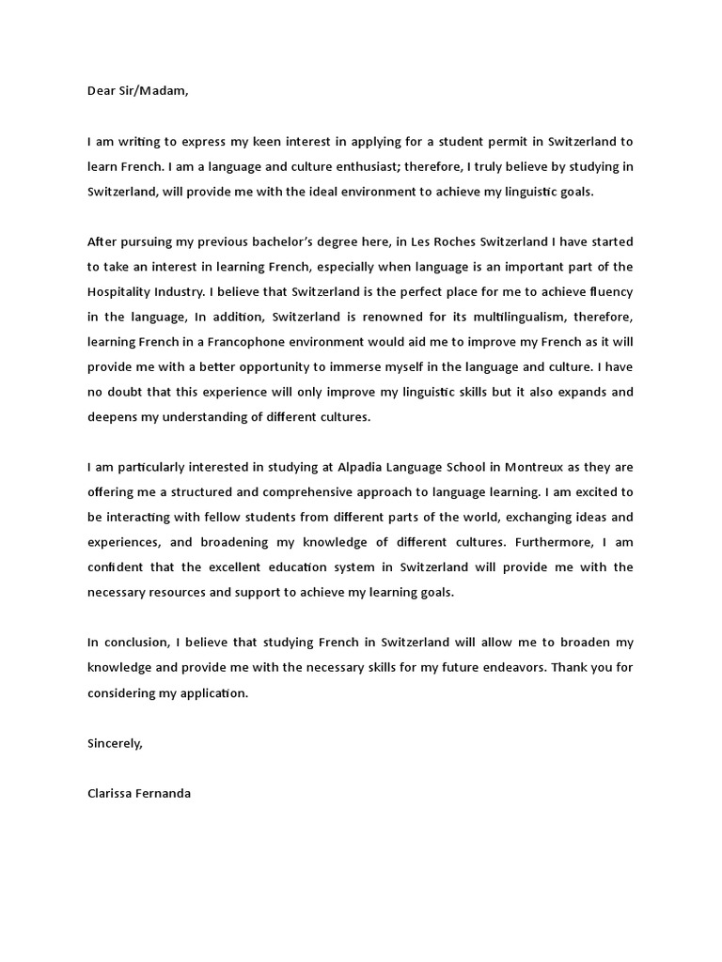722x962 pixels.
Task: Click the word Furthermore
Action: click(561, 542)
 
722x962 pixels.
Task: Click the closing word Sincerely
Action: click(115, 743)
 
